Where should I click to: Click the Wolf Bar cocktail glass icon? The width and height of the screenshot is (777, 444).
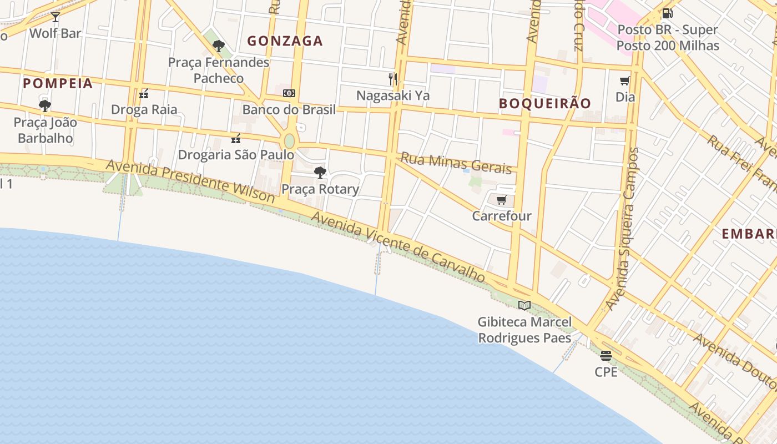pos(56,17)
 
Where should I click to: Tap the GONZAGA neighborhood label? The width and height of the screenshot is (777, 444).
pos(285,41)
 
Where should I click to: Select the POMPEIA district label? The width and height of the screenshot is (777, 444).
pos(58,84)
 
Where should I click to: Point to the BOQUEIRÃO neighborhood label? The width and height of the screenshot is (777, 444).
pos(544,103)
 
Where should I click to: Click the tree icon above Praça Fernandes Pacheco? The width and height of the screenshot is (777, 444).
pos(219,46)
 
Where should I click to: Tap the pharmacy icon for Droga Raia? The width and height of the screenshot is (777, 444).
pos(144,93)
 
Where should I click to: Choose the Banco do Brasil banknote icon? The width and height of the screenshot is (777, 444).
pos(289,93)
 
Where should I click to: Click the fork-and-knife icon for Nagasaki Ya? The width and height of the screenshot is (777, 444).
pos(393,79)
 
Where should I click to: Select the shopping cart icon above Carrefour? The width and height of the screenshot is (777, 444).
pos(502,200)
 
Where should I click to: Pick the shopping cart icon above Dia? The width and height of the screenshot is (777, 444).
pos(625,81)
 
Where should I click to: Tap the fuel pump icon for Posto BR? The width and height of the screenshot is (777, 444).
pos(667,13)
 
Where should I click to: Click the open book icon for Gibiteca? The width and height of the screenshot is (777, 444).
pos(524,305)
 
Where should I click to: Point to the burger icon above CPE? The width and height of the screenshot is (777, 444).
pos(606,356)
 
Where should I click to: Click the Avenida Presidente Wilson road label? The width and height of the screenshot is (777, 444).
pos(190,181)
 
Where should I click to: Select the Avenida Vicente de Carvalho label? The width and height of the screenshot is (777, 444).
pos(398,248)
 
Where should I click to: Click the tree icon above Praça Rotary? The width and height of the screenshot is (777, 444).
pos(320,173)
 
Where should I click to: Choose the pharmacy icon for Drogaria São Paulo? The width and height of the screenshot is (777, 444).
pos(236,138)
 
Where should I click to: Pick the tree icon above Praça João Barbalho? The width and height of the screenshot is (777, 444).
pos(45,105)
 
